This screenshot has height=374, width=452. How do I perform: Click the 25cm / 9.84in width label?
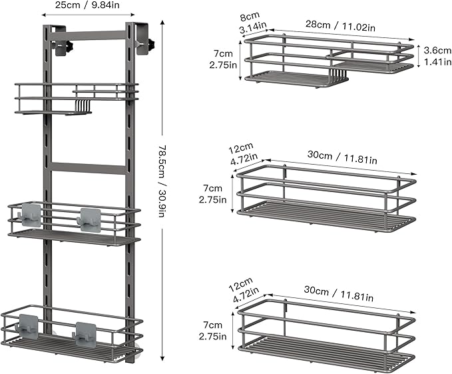coord(87,5)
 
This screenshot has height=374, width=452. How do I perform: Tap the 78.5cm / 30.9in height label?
coord(162,181)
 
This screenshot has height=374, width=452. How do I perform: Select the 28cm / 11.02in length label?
coord(340,26)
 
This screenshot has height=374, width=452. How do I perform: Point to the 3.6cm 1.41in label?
coord(437,56)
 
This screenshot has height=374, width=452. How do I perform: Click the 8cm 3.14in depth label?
coord(252,22)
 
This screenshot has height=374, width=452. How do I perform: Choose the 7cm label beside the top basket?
coord(223,54)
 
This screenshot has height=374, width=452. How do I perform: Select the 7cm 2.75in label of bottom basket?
coord(212,331)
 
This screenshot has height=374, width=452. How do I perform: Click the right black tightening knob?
coord(150,44)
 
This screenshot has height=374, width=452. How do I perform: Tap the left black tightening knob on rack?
coord(69,45)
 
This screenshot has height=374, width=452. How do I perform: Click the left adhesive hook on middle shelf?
coord(30,215)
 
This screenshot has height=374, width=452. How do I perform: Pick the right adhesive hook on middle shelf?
coord(89,220)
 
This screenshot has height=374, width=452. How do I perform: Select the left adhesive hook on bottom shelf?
coord(27,327)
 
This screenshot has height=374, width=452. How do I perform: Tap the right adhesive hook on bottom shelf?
coord(85,335)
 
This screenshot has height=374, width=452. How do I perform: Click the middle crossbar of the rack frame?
coord(88,168)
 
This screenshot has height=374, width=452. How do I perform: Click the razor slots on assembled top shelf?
coord(83,105)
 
